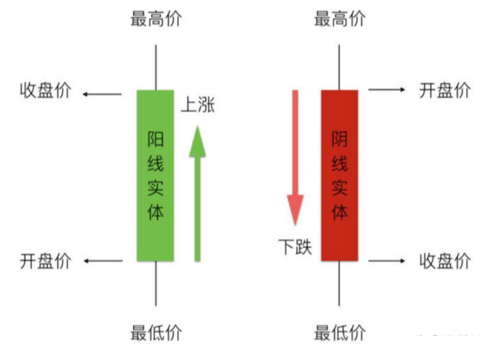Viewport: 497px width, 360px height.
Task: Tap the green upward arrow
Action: click(x=198, y=195)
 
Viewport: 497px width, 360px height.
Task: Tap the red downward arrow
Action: click(x=296, y=157)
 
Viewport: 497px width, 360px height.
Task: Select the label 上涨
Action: click(x=198, y=106)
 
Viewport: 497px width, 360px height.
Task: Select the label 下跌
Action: click(x=295, y=245)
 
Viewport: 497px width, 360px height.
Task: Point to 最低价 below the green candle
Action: click(x=156, y=332)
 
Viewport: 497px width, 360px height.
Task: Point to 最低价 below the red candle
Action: click(x=340, y=332)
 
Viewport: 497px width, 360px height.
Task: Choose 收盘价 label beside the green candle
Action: click(x=45, y=91)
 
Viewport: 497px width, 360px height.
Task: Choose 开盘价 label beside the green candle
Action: click(x=45, y=260)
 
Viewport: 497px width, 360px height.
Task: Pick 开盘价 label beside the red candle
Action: click(x=445, y=91)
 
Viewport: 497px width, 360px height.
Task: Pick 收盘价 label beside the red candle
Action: click(x=445, y=260)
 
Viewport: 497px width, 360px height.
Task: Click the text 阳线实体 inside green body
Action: click(x=156, y=175)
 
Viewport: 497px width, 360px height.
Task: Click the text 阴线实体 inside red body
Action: click(x=340, y=175)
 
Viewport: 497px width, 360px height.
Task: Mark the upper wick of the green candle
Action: click(x=156, y=67)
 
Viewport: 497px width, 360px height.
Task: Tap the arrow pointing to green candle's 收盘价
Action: click(x=103, y=94)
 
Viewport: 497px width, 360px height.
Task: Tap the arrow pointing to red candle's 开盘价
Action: click(x=386, y=90)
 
